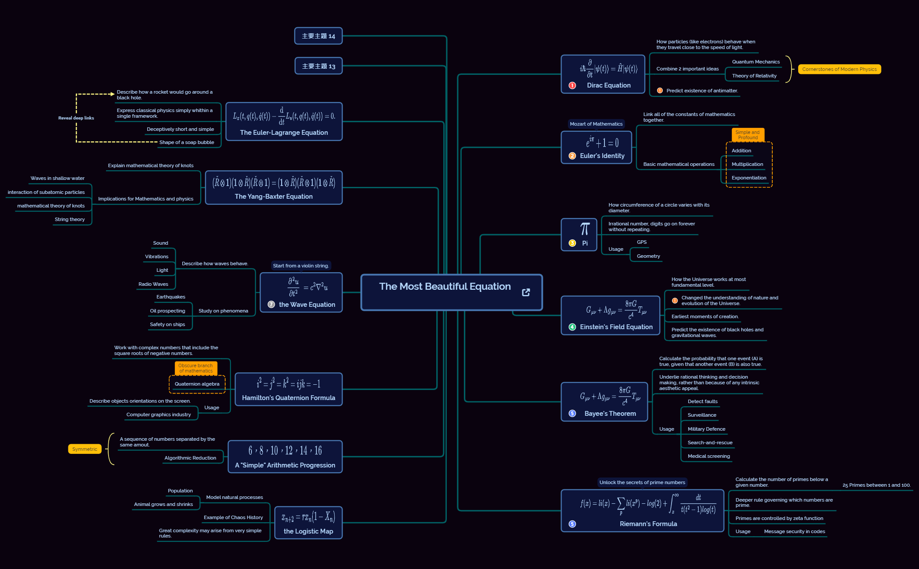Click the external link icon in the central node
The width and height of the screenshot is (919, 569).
pyautogui.click(x=526, y=292)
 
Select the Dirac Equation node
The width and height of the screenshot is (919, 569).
pyautogui.click(x=603, y=74)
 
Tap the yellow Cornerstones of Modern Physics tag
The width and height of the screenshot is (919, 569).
pyautogui.click(x=839, y=69)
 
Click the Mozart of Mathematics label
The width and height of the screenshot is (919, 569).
pyautogui.click(x=596, y=124)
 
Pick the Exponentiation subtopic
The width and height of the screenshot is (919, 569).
pyautogui.click(x=749, y=178)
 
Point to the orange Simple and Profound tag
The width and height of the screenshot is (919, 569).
pyautogui.click(x=748, y=135)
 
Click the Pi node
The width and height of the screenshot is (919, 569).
pyautogui.click(x=579, y=235)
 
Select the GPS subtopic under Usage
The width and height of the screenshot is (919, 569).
pyautogui.click(x=642, y=242)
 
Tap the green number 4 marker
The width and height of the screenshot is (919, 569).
pyautogui.click(x=572, y=327)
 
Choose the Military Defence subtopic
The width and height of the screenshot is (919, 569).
pyautogui.click(x=706, y=429)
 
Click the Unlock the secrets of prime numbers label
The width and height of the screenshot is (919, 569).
pyautogui.click(x=642, y=482)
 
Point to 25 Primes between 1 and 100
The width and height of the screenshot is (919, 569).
pyautogui.click(x=877, y=485)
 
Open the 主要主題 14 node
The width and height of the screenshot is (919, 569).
pyautogui.click(x=318, y=36)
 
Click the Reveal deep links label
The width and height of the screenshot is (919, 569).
pyautogui.click(x=76, y=118)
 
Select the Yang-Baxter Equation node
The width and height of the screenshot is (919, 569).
pyautogui.click(x=274, y=187)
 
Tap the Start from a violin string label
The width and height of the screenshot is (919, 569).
pyautogui.click(x=300, y=266)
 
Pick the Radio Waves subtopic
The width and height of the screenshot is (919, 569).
pyautogui.click(x=153, y=284)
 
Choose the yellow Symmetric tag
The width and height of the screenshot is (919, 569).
pyautogui.click(x=85, y=449)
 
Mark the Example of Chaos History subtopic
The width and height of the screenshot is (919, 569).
pyautogui.click(x=233, y=517)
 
